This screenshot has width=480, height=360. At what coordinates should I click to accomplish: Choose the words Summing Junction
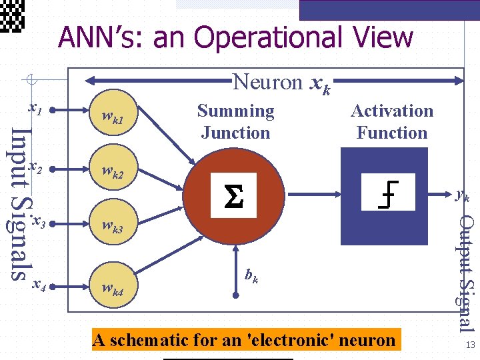click(235, 121)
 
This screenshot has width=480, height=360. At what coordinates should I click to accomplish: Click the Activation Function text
click(392, 121)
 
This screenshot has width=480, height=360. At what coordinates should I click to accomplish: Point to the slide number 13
click(470, 345)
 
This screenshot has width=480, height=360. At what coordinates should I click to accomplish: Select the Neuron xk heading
click(280, 83)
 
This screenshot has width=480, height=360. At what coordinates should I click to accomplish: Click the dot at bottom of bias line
click(235, 293)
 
